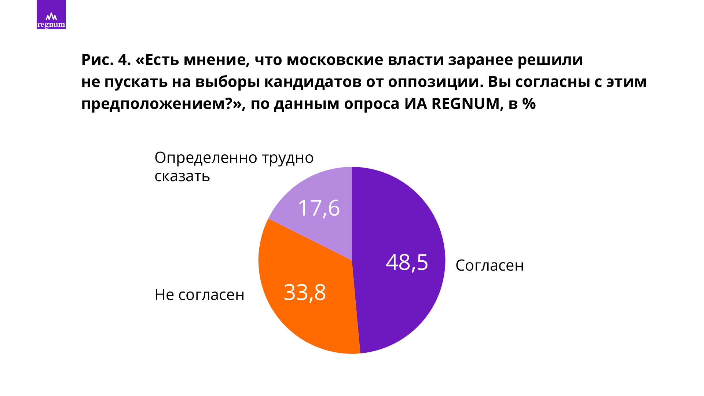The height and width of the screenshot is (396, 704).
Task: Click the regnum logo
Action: tap(51, 15)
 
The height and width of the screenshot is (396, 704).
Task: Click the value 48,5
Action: tap(407, 263)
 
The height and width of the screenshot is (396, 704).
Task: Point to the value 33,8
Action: tap(305, 293)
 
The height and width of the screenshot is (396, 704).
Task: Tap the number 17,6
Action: tap(319, 208)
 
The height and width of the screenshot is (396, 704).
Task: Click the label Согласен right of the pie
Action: tap(489, 265)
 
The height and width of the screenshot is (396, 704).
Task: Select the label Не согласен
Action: tap(199, 295)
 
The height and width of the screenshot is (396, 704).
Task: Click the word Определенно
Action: tap(206, 158)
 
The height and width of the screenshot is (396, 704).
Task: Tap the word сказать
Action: tap(182, 176)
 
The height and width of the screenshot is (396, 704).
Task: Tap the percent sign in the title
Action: tap(529, 104)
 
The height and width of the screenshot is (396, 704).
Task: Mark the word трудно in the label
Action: tap(287, 158)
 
